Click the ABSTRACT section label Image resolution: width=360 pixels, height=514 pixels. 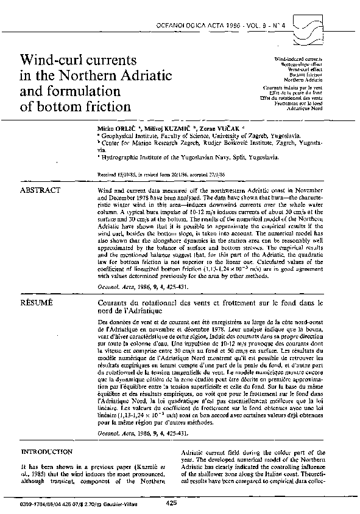click(x=40, y=190)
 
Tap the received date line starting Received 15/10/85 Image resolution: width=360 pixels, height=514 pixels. click(x=154, y=174)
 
